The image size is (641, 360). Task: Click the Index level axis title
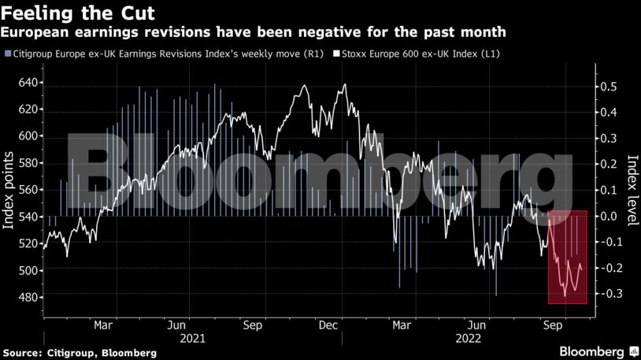pyautogui.click(x=631, y=190)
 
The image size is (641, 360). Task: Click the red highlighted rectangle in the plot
pyautogui.click(x=568, y=257)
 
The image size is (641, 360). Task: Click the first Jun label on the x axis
pyautogui.click(x=176, y=325)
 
